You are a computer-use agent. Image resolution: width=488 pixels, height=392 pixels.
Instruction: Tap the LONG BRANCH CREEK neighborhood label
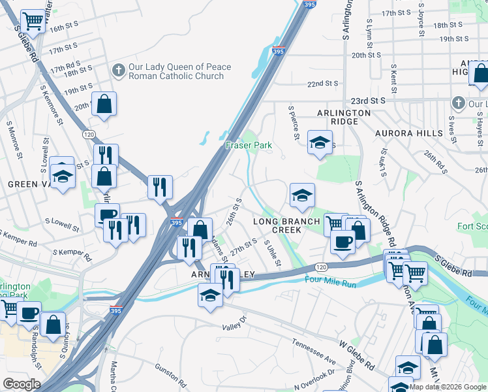(x=286, y=225)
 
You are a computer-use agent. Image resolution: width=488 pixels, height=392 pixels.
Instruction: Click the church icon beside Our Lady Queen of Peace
(x=119, y=70)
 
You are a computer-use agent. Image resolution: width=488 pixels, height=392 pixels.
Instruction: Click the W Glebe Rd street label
(x=359, y=353)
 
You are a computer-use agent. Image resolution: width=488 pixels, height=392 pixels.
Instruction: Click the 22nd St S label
(x=324, y=84)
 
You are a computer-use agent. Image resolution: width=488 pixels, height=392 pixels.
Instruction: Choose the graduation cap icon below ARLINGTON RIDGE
(x=320, y=142)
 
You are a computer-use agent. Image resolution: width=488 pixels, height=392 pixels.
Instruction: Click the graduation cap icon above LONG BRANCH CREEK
(x=302, y=195)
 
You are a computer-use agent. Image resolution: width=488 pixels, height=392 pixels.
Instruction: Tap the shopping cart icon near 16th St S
(x=33, y=21)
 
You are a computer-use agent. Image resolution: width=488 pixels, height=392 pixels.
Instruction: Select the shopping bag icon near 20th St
(x=104, y=103)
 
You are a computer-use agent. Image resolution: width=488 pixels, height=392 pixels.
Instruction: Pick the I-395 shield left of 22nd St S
(x=279, y=50)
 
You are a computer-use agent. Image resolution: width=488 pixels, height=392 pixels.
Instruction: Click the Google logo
(x=21, y=384)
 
